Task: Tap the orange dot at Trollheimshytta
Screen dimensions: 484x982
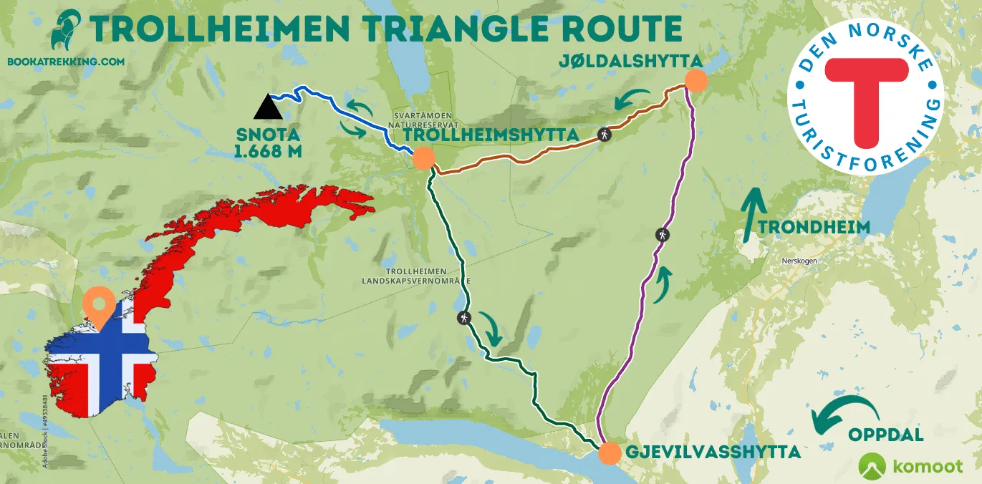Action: (x=423, y=158)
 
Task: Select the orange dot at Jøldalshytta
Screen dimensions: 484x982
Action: (x=695, y=80)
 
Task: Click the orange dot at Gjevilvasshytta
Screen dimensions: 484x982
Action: (x=609, y=453)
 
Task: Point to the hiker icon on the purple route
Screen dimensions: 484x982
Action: (x=663, y=235)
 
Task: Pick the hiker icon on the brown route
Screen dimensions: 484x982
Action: (x=605, y=133)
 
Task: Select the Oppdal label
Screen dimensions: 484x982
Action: (x=885, y=435)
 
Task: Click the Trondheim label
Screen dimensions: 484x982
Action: (x=814, y=228)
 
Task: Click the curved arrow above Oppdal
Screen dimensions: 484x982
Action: (x=849, y=415)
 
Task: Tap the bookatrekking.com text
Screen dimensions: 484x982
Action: (x=65, y=62)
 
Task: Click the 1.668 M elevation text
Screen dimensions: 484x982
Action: (x=268, y=151)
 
